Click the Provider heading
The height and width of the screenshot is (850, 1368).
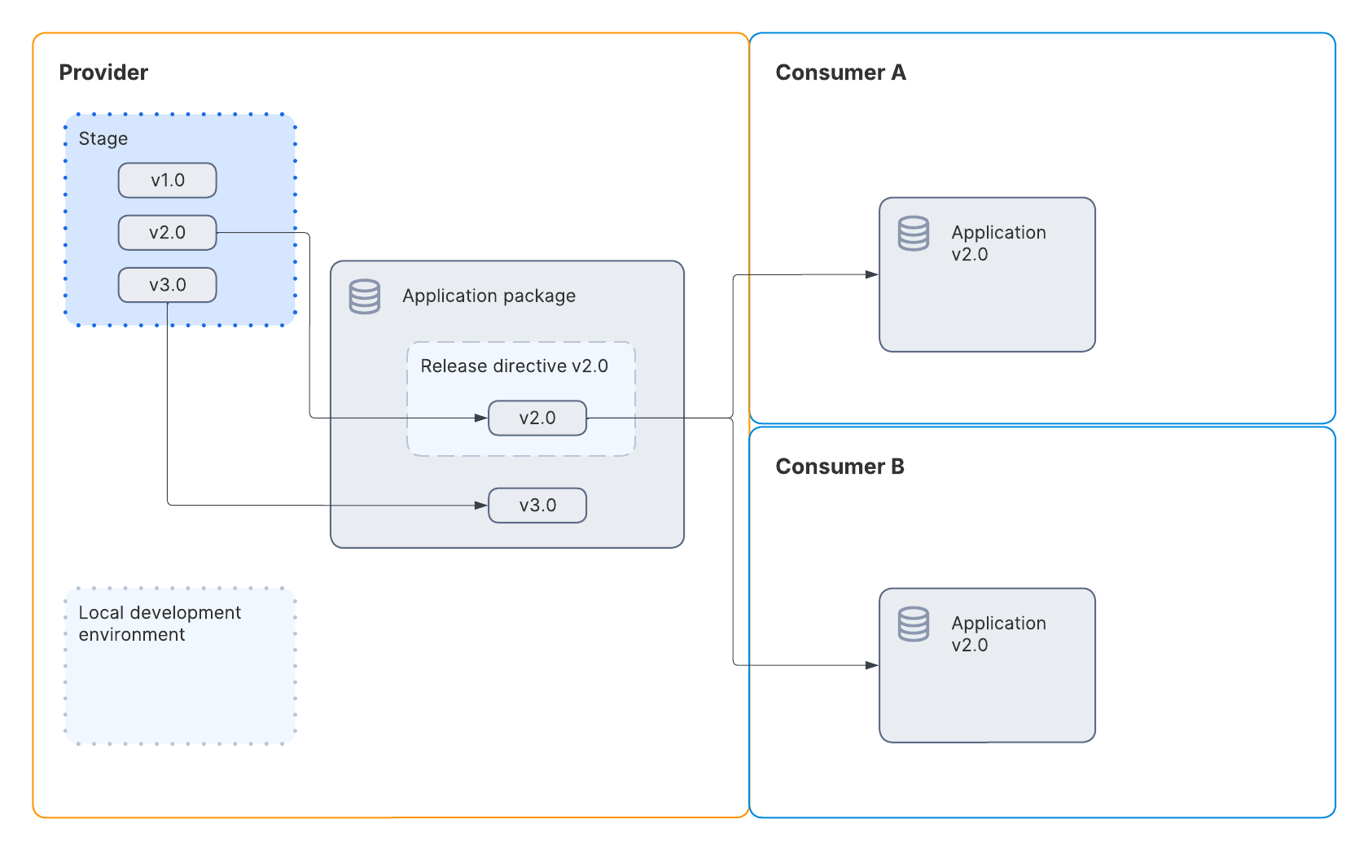103,72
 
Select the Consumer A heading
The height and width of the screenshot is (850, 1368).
840,72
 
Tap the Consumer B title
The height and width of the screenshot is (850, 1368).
840,467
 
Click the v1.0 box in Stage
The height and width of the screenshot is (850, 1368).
167,180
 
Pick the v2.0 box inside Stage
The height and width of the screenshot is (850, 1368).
167,233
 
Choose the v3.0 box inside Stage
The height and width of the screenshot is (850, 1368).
167,285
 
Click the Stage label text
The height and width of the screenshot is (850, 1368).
103,138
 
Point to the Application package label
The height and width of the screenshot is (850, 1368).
489,296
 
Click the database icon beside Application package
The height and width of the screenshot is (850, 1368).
365,296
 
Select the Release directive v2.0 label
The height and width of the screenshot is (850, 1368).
514,366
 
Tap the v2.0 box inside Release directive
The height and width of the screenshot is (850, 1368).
537,418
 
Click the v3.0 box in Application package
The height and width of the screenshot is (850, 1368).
537,506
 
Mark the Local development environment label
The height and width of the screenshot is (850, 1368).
160,624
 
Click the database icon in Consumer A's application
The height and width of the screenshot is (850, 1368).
913,234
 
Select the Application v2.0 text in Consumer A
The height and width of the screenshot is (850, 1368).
997,243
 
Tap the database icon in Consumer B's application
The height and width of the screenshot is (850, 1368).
913,624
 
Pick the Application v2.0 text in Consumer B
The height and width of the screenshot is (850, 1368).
997,634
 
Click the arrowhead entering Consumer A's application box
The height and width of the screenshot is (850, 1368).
872,274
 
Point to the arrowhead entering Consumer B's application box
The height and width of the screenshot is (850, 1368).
872,665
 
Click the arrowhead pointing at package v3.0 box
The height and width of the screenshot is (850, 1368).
481,506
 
